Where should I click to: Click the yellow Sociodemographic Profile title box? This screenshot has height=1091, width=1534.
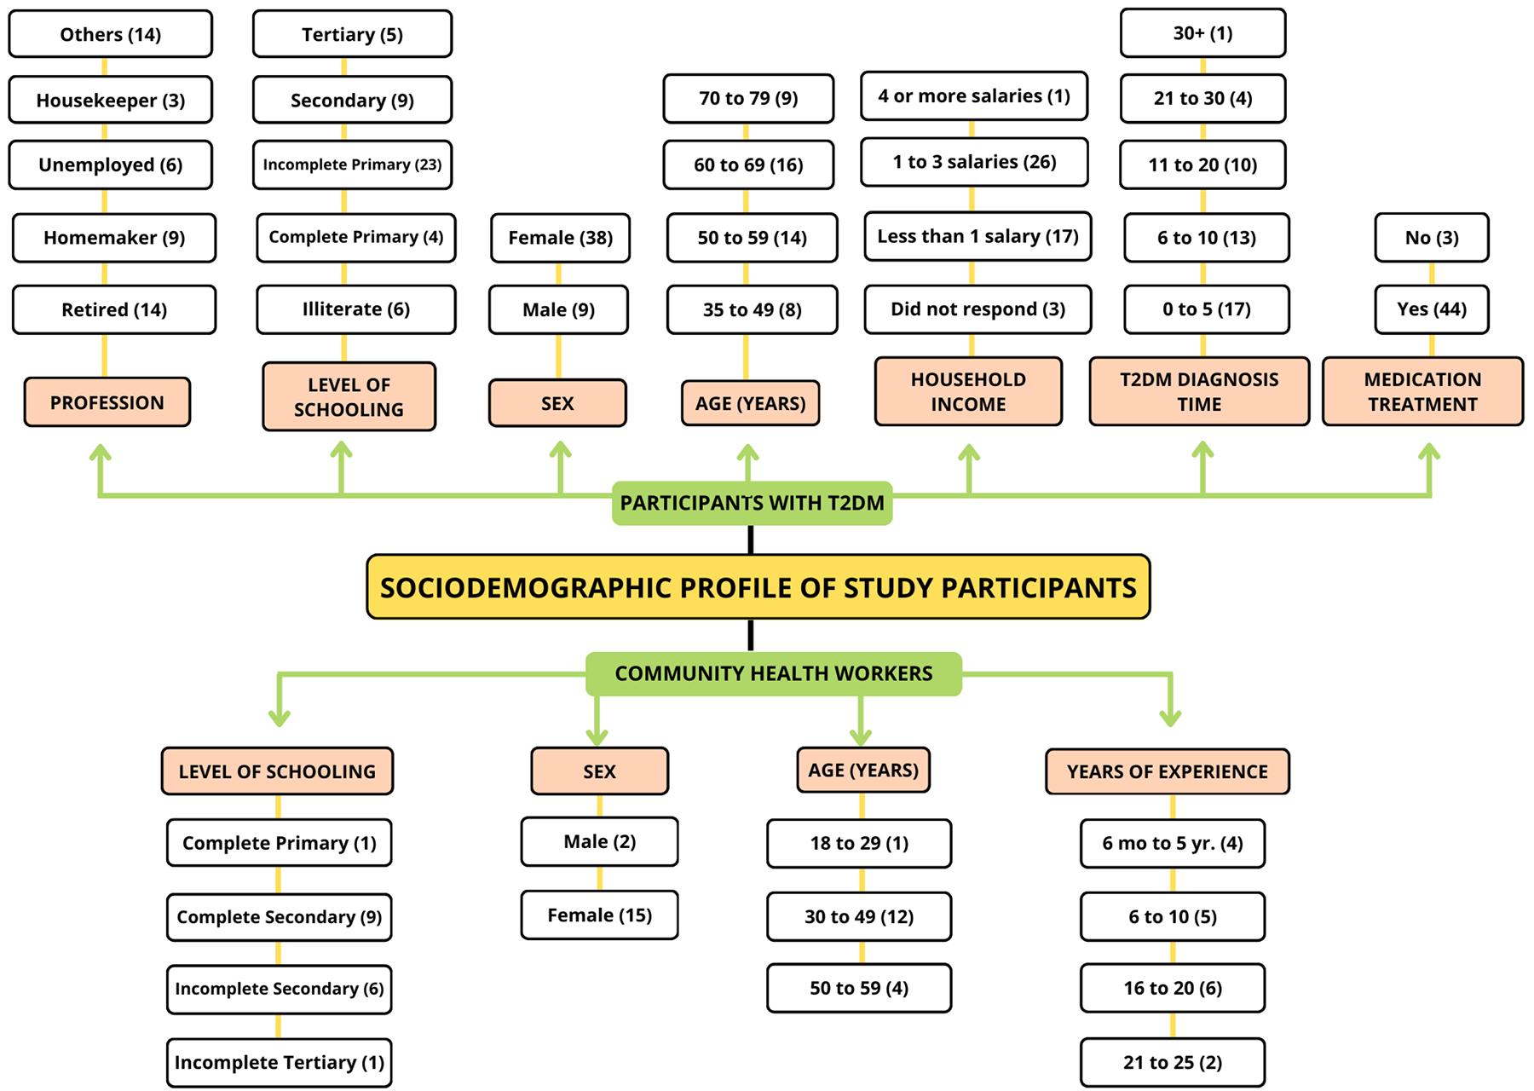[758, 587]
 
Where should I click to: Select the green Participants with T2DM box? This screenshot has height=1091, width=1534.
[752, 503]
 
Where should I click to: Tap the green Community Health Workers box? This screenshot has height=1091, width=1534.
[773, 673]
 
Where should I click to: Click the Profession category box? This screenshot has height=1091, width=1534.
[107, 402]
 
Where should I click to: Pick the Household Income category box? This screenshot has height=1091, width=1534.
[968, 391]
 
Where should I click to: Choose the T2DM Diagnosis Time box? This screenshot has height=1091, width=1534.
[1199, 391]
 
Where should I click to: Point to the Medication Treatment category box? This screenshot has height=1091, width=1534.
[1422, 391]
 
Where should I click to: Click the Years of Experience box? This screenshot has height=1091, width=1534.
[1167, 771]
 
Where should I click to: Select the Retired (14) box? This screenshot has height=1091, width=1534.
[114, 309]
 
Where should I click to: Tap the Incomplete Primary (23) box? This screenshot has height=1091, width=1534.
[352, 165]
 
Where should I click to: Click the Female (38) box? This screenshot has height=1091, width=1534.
[560, 238]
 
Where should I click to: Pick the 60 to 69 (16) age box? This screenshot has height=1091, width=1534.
[748, 165]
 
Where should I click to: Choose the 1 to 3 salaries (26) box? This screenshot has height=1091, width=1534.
[974, 162]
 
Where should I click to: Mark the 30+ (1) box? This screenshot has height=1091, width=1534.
[1202, 33]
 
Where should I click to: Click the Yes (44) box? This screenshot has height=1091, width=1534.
[1431, 309]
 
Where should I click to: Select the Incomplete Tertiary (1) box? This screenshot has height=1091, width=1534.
[279, 1062]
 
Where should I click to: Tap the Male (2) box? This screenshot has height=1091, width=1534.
[599, 842]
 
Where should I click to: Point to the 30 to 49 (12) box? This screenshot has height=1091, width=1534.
[858, 916]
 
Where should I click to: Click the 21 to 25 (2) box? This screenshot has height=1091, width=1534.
[1172, 1062]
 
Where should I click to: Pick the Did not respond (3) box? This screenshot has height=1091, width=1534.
[977, 309]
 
